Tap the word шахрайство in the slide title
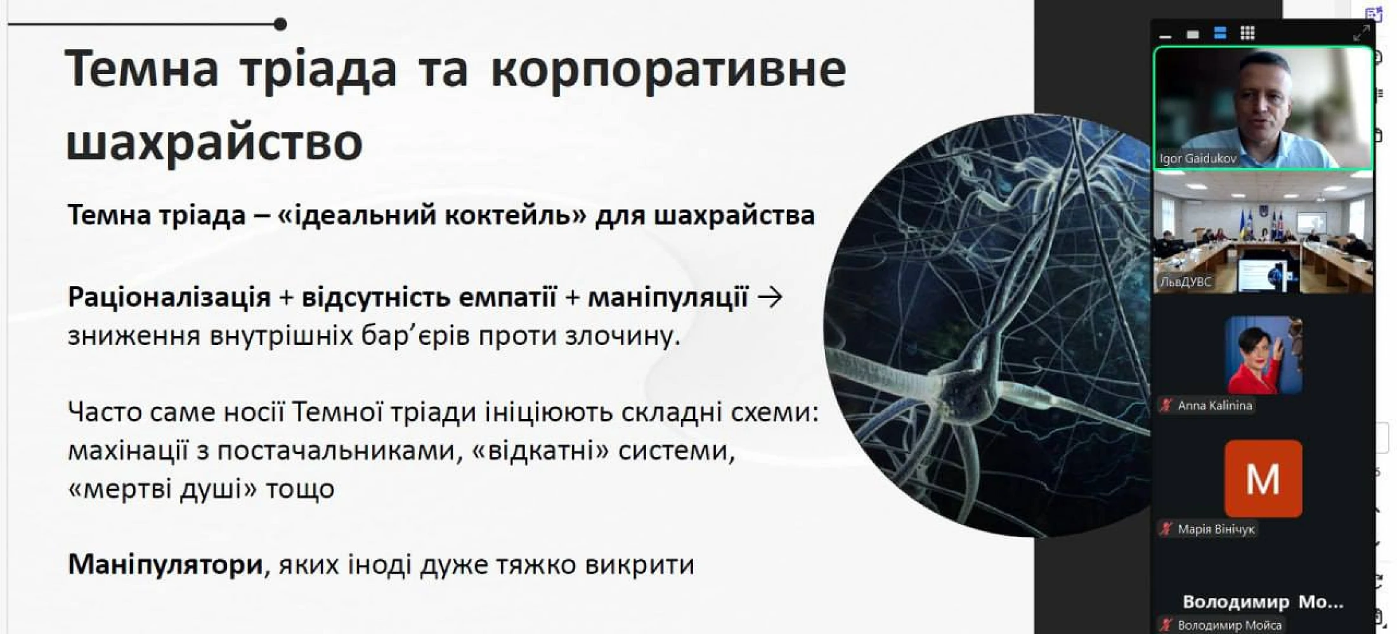tap(214, 141)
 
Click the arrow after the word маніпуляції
tap(770, 297)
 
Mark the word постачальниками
tap(339, 451)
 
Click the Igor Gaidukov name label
tap(1198, 158)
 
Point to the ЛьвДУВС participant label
tap(1185, 282)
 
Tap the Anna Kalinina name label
tap(1214, 406)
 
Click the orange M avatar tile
tap(1263, 479)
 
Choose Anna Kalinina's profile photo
tap(1264, 355)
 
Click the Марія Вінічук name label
tap(1216, 529)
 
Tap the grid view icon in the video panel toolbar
tap(1247, 33)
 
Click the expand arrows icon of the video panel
tap(1361, 33)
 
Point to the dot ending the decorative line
tap(280, 25)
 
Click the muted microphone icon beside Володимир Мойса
tap(1166, 625)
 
